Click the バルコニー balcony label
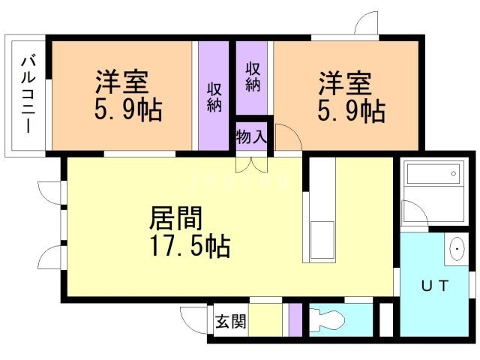coord(28,94)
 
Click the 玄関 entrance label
coord(228,322)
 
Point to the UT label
coord(434,285)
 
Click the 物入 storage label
coord(251,137)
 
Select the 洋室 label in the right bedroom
coord(344,80)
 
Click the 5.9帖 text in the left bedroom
coord(128,112)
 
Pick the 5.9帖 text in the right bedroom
coord(350,112)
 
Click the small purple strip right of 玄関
coord(295,319)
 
